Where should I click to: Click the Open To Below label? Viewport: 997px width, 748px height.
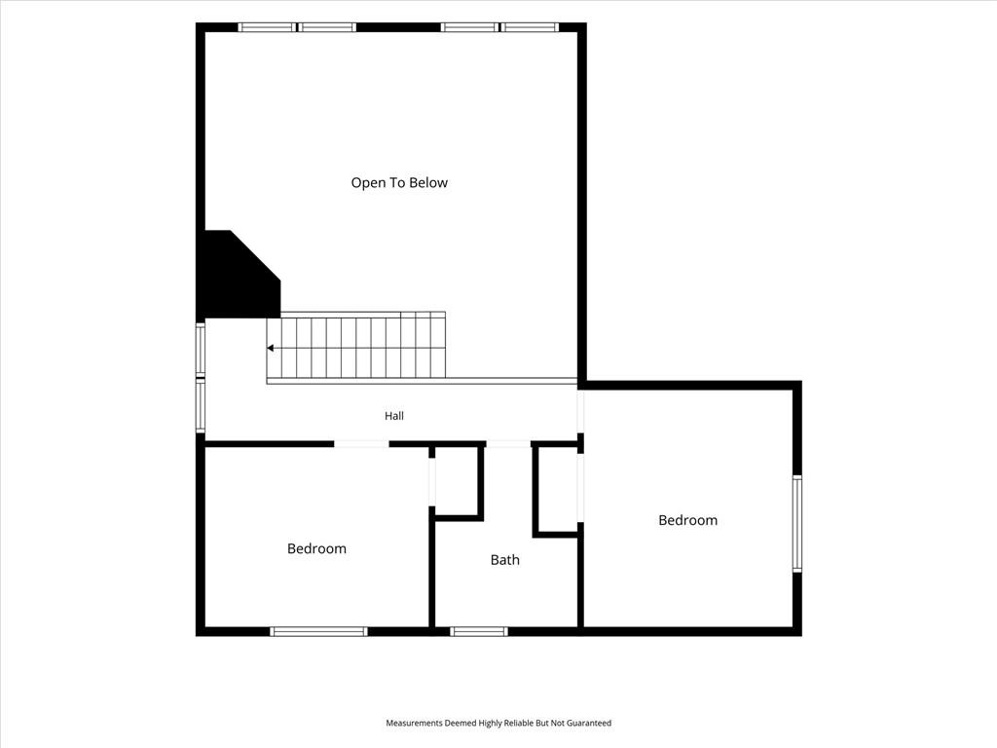[x=399, y=183]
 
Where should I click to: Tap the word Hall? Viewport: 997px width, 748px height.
[x=394, y=416]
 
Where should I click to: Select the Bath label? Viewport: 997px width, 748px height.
[x=505, y=560]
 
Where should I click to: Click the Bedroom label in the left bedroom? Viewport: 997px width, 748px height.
[x=316, y=548]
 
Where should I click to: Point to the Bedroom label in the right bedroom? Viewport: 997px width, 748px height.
[x=688, y=520]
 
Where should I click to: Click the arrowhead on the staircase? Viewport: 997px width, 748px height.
[x=271, y=348]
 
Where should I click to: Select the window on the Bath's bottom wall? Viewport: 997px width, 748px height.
[x=479, y=631]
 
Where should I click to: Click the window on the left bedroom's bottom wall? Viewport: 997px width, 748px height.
[x=318, y=631]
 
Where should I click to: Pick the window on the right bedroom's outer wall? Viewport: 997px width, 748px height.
[x=797, y=523]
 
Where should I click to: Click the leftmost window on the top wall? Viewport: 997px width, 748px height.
[x=267, y=27]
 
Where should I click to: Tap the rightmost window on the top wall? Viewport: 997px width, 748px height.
[x=530, y=27]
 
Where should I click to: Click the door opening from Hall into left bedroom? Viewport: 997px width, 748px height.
[x=362, y=443]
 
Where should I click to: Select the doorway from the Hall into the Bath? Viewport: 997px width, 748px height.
[x=508, y=443]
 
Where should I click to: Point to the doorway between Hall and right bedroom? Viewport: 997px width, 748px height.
[x=580, y=412]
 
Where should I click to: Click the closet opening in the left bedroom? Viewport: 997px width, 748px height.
[x=431, y=481]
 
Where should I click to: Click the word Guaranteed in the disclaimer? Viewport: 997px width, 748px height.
[x=590, y=724]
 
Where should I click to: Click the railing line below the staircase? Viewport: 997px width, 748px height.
[x=422, y=381]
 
